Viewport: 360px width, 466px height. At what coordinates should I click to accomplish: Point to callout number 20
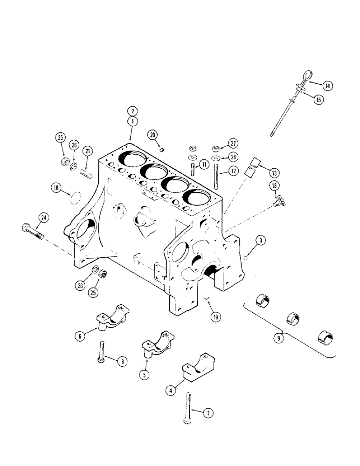152,135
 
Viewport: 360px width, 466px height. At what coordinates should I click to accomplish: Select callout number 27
233,143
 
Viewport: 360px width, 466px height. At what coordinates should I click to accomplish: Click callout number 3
262,240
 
